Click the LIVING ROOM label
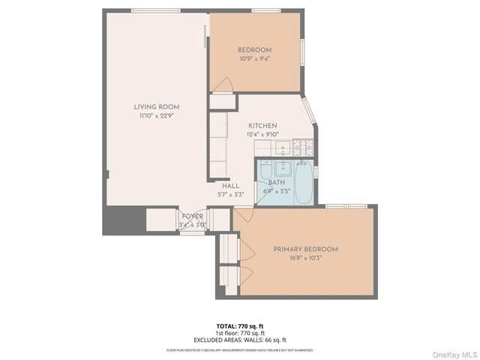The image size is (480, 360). (157, 107)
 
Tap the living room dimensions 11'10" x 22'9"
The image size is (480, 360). (157, 116)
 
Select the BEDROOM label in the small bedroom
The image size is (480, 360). (254, 50)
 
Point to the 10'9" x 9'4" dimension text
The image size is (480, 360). (254, 59)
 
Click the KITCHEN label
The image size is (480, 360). (262, 126)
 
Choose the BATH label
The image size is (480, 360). (277, 182)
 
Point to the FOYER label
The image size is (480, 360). (193, 217)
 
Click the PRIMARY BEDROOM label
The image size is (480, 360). (305, 249)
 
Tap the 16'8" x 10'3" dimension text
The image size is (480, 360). (305, 259)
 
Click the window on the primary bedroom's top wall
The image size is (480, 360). (345, 205)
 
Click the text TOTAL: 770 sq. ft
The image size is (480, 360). (239, 325)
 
